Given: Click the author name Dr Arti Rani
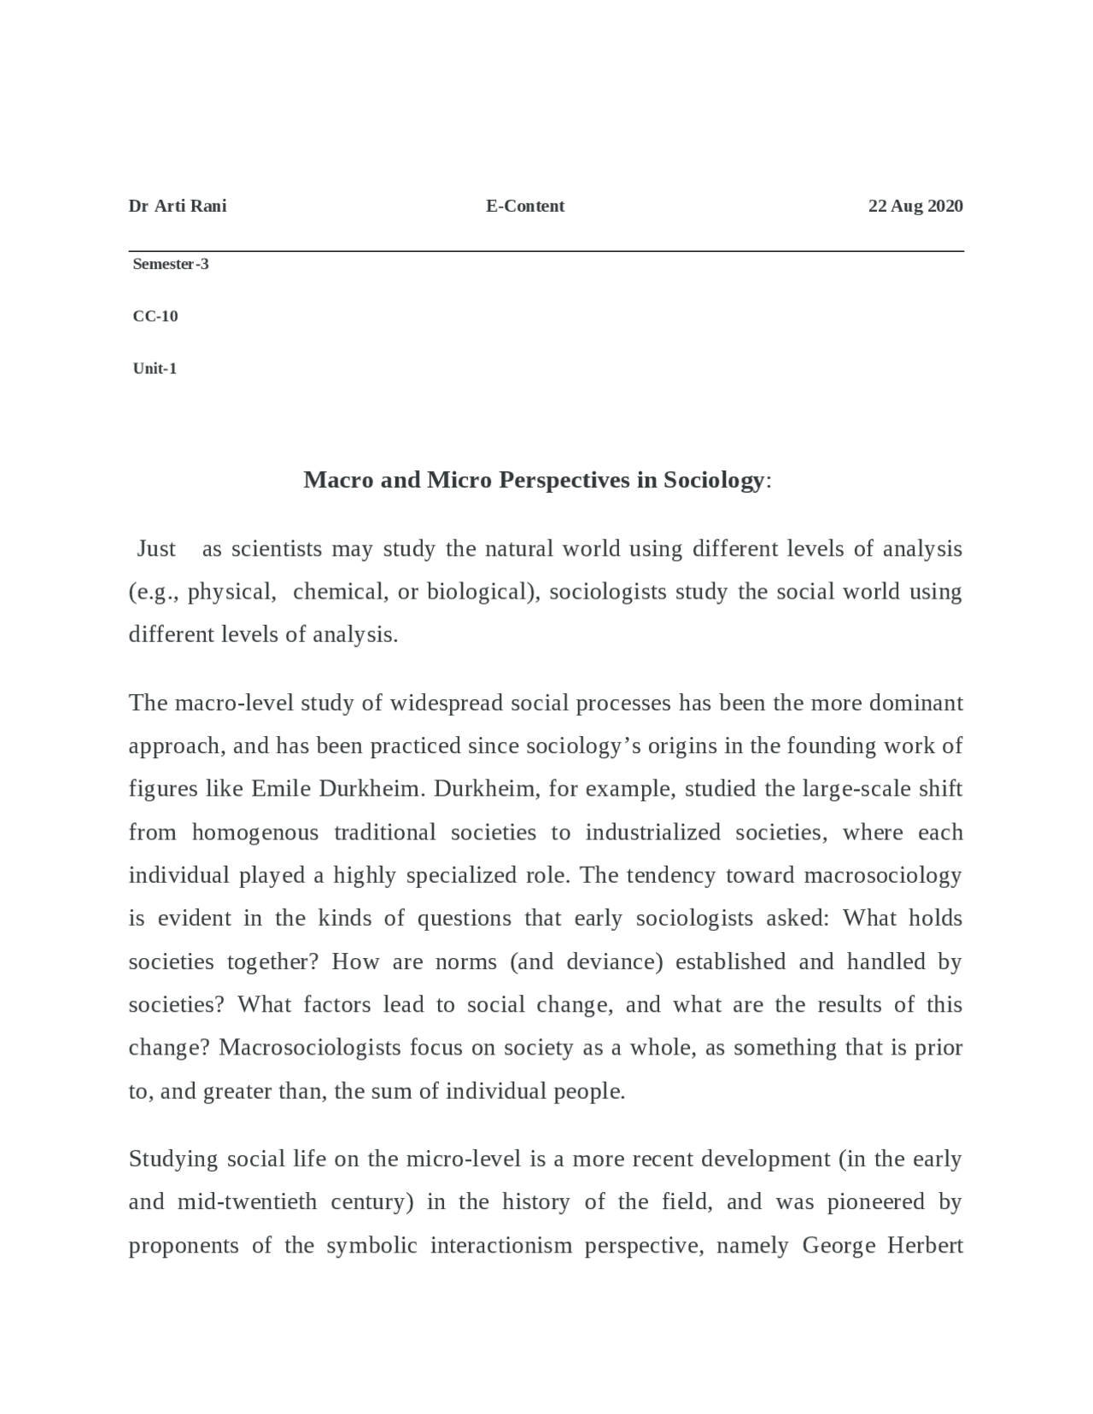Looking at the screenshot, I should [177, 206].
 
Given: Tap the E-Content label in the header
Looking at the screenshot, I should [525, 206].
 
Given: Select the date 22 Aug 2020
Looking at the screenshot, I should [915, 206].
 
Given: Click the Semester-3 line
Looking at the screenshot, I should [171, 264].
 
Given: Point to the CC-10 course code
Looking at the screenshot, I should [155, 316].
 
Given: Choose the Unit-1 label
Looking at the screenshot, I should [155, 369].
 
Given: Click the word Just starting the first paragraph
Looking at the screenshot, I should [156, 549].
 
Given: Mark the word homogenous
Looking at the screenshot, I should [254, 833].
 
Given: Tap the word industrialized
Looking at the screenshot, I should [653, 833].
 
